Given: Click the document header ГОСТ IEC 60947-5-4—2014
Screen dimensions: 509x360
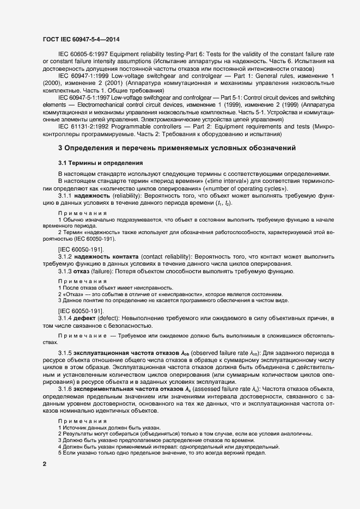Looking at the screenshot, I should (81, 39).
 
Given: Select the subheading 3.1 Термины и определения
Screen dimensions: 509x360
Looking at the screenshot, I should (101, 162).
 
